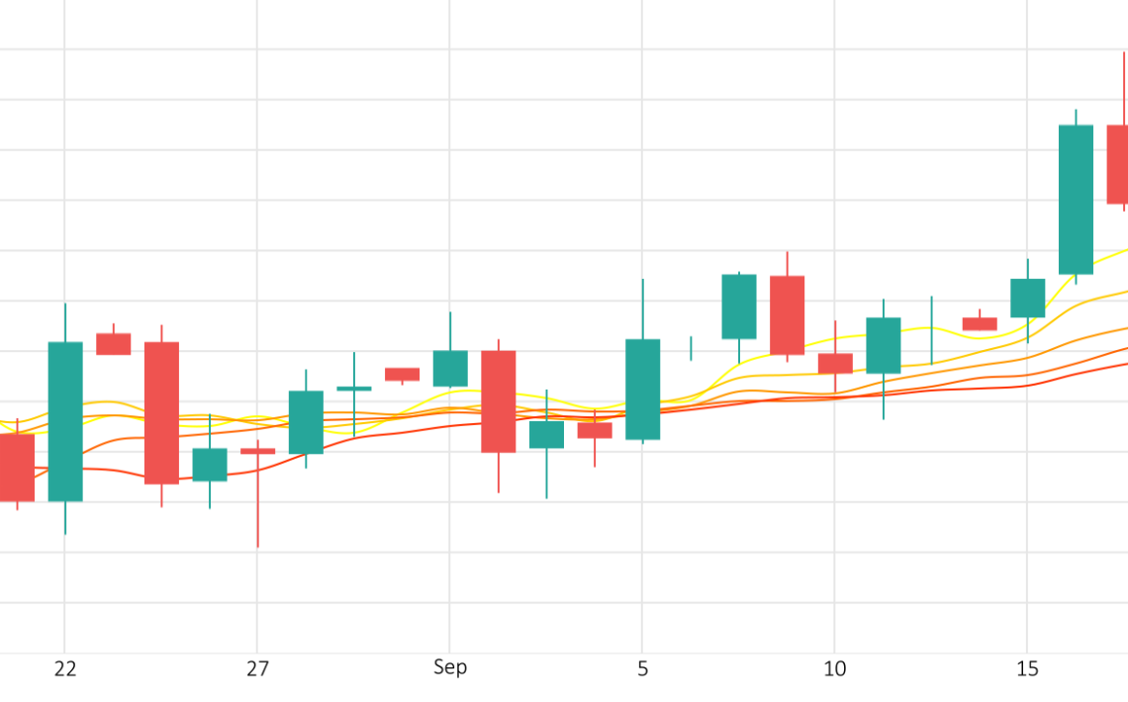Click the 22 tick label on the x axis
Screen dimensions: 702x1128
pyautogui.click(x=65, y=669)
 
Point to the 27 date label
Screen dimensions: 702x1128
pyautogui.click(x=257, y=669)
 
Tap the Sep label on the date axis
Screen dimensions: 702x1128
pyautogui.click(x=449, y=667)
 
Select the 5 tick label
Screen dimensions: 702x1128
pyautogui.click(x=642, y=669)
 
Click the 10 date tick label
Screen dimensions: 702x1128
pyautogui.click(x=834, y=669)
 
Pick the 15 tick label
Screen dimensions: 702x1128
pyautogui.click(x=1027, y=669)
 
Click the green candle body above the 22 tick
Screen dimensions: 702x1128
pyautogui.click(x=65, y=421)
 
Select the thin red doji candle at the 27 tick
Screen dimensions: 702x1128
pyautogui.click(x=257, y=451)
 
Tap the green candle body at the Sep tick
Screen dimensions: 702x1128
pyautogui.click(x=450, y=368)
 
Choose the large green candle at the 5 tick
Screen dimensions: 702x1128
pyautogui.click(x=642, y=390)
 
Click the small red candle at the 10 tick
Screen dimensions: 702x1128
pyautogui.click(x=835, y=363)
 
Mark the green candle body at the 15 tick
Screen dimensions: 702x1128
pyautogui.click(x=1027, y=298)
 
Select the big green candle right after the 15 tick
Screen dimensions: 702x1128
pyautogui.click(x=1076, y=199)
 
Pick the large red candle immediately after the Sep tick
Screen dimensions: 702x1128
pyautogui.click(x=498, y=400)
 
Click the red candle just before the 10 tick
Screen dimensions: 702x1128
pyautogui.click(x=787, y=314)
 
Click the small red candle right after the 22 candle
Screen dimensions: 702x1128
pyautogui.click(x=113, y=343)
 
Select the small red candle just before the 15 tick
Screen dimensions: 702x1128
pyautogui.click(x=980, y=323)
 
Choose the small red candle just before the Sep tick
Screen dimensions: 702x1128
pyautogui.click(x=402, y=374)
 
